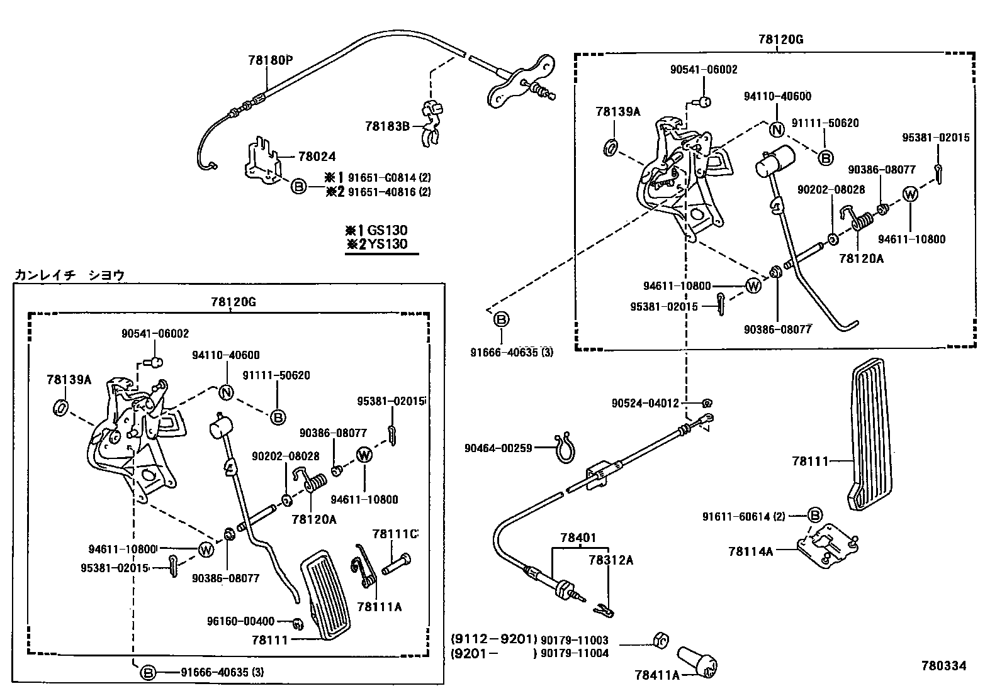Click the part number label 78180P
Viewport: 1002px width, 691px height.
271,60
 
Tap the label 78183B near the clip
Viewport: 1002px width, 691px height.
386,126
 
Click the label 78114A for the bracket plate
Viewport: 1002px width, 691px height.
750,551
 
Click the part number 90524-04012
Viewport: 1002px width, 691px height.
645,402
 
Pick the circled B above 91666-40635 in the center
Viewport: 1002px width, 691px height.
501,320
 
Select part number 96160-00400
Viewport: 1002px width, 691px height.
240,621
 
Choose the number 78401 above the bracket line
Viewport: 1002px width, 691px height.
578,538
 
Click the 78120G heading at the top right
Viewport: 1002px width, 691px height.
781,40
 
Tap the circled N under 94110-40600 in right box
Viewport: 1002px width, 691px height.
777,130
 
